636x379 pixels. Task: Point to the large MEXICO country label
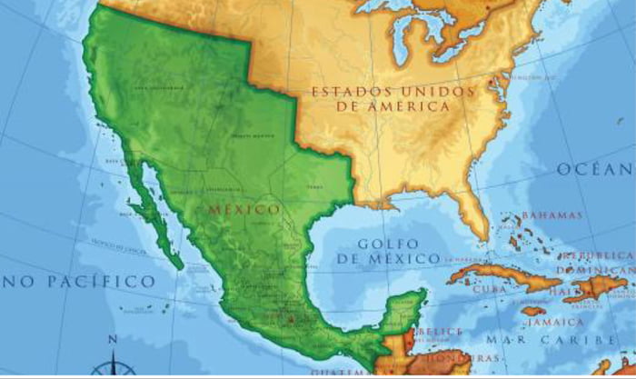click(x=244, y=210)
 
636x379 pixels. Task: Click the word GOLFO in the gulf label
click(x=388, y=244)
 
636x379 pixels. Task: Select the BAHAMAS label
click(x=552, y=215)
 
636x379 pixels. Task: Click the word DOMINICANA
click(x=595, y=271)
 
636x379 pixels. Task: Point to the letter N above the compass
click(x=113, y=340)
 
